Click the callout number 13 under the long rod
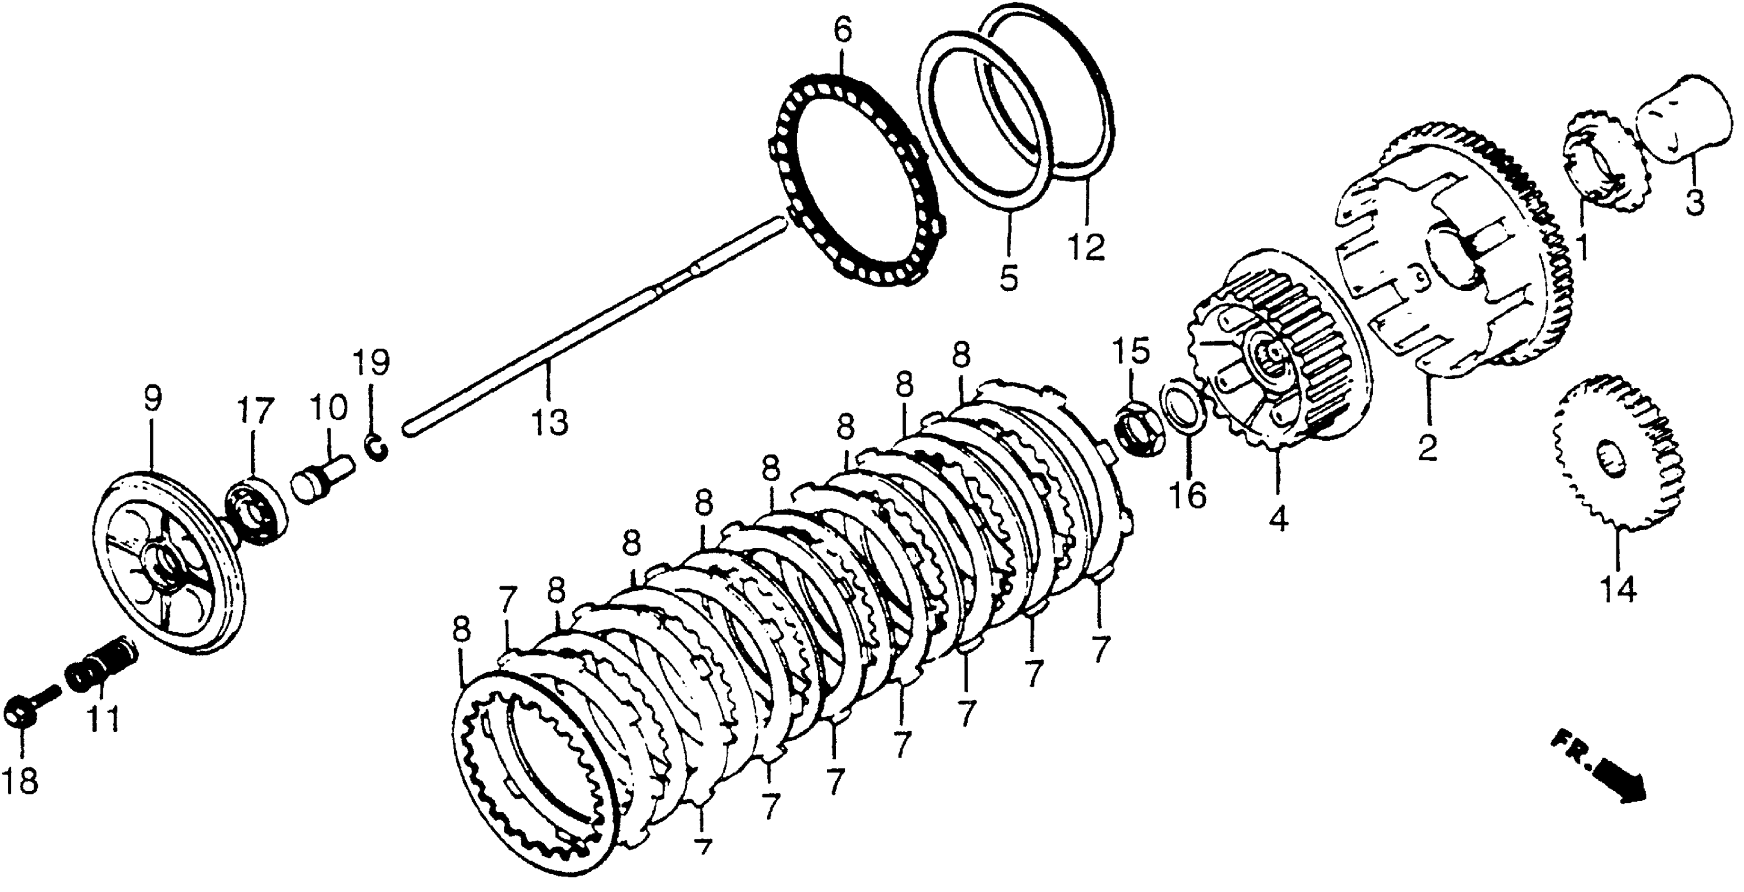[x=549, y=422]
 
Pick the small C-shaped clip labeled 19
[x=378, y=449]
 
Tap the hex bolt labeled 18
[x=24, y=708]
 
